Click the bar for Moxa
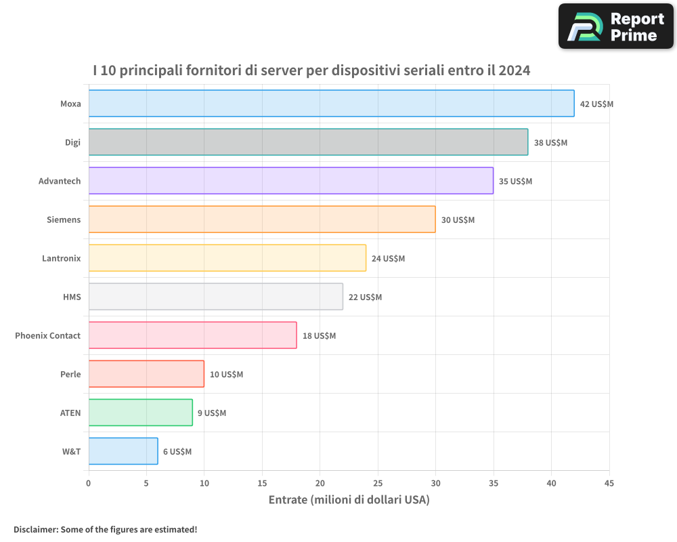pyautogui.click(x=331, y=104)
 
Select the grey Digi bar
pyautogui.click(x=308, y=142)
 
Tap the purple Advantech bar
pyautogui.click(x=291, y=181)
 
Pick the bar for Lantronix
pyautogui.click(x=227, y=258)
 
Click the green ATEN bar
pyautogui.click(x=140, y=413)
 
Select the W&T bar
pyautogui.click(x=123, y=451)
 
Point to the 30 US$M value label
pyautogui.click(x=458, y=220)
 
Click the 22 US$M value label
pyautogui.click(x=365, y=297)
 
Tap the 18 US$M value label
pyautogui.click(x=319, y=336)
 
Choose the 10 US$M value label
pyautogui.click(x=226, y=375)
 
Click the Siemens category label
pyautogui.click(x=64, y=220)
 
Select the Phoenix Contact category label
pyautogui.click(x=47, y=335)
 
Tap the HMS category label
pyautogui.click(x=71, y=297)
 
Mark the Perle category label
pyautogui.click(x=70, y=374)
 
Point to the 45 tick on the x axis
pyautogui.click(x=609, y=483)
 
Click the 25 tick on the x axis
pyautogui.click(x=378, y=483)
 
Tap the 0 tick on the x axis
pyautogui.click(x=89, y=483)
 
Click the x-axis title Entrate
pyautogui.click(x=349, y=500)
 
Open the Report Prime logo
pyautogui.click(x=615, y=26)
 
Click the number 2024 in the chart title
pyautogui.click(x=514, y=70)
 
